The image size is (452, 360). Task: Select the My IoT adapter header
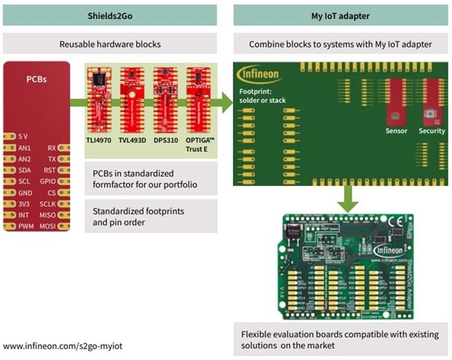340,15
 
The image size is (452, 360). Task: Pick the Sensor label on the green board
396,131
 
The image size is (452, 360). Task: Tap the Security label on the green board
432,131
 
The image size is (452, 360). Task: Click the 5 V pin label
24,136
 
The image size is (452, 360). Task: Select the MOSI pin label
48,227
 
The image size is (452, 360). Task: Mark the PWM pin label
25,227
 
